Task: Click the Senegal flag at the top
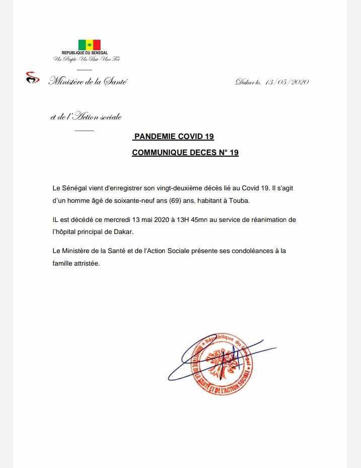tap(89, 45)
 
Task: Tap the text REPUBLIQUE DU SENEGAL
tap(89, 53)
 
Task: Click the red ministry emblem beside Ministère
tap(32, 78)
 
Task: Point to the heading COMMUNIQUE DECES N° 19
tap(185, 153)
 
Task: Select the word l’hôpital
tap(66, 232)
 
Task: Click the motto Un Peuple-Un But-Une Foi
tap(86, 59)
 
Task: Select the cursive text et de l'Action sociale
tap(85, 118)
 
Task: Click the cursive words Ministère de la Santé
tap(87, 81)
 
